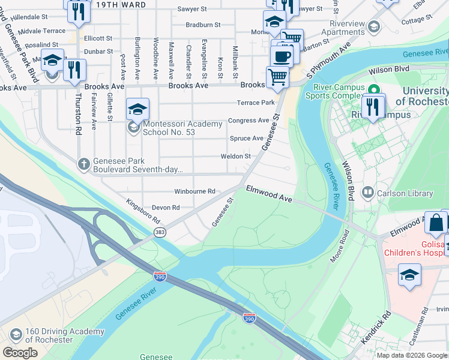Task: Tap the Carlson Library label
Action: [x=404, y=193]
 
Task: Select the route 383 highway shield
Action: [x=160, y=232]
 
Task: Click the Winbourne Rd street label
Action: [x=194, y=191]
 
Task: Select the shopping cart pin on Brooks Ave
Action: [x=277, y=77]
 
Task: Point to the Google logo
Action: [x=20, y=353]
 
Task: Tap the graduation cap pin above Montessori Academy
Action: [x=138, y=109]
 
